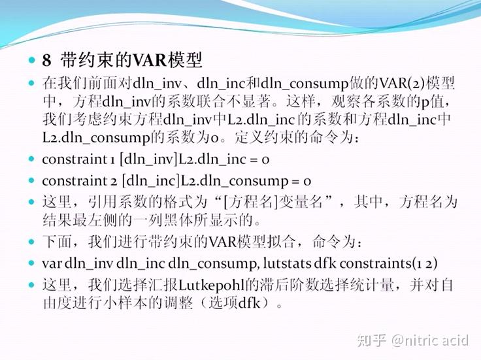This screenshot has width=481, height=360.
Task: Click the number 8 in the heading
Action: (x=46, y=61)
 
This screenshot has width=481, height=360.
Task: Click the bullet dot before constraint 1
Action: (x=31, y=159)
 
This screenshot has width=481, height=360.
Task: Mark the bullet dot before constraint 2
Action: (x=31, y=180)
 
